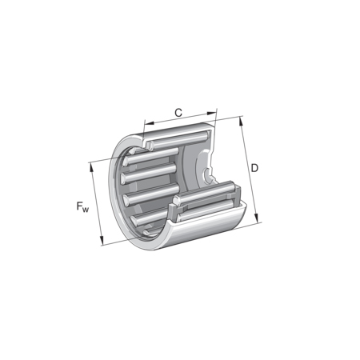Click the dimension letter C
click(x=178, y=113)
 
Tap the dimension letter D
click(x=254, y=168)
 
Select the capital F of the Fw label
click(x=79, y=206)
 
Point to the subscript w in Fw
click(x=85, y=210)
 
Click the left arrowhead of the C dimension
click(x=149, y=123)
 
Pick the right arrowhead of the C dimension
click(x=211, y=114)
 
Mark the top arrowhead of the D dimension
click(x=241, y=122)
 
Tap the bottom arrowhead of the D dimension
click(x=257, y=218)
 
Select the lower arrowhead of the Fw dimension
click(x=102, y=240)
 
